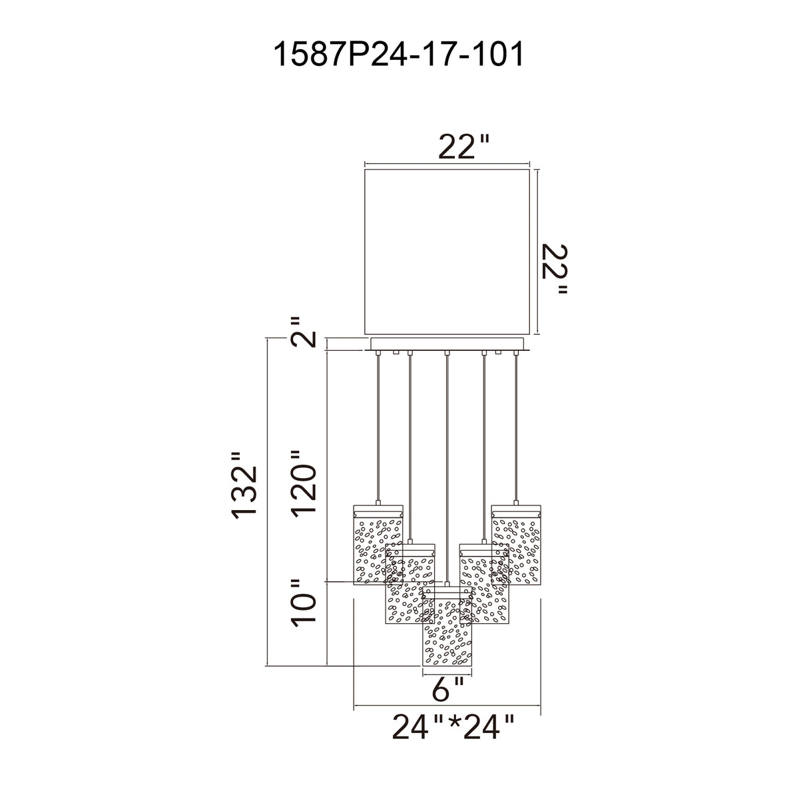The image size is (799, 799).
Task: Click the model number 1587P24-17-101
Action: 398,55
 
